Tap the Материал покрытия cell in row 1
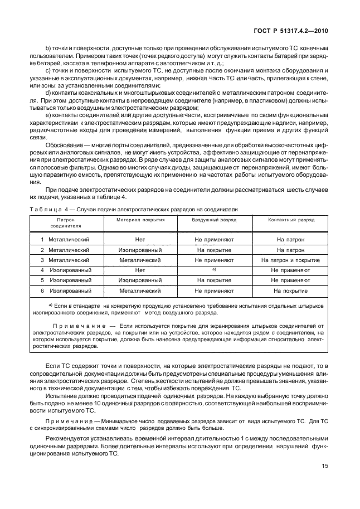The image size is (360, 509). coord(140,239)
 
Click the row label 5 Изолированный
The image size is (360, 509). coord(66,280)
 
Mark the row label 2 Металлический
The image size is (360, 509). coord(65,250)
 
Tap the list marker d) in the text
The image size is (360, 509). coord(48,108)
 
